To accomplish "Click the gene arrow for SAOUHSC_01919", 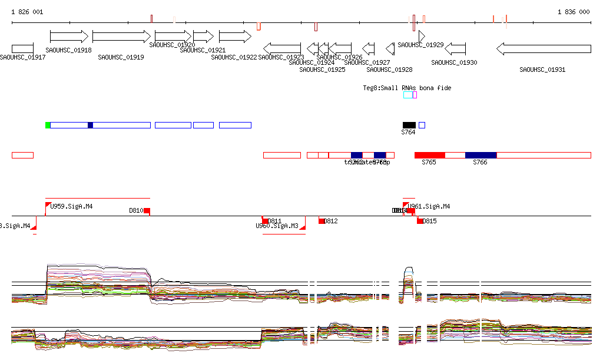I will tap(121, 37).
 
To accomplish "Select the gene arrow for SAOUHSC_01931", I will tap(544, 49).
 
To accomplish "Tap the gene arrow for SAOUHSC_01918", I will tap(69, 37).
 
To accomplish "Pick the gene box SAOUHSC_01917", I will tap(22, 49).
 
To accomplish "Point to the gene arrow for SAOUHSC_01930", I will tap(455, 49).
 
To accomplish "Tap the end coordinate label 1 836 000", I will tap(573, 12).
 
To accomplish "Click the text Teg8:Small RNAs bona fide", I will tap(407, 88).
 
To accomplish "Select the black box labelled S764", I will tap(409, 125).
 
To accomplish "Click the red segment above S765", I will tap(429, 155).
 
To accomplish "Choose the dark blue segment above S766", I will tap(481, 155).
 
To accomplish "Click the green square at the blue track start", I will tap(48, 125).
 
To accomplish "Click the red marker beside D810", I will tap(147, 210).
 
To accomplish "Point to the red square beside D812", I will tap(322, 221).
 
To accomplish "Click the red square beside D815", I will tap(420, 221).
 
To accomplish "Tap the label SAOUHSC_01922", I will tap(234, 57).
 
